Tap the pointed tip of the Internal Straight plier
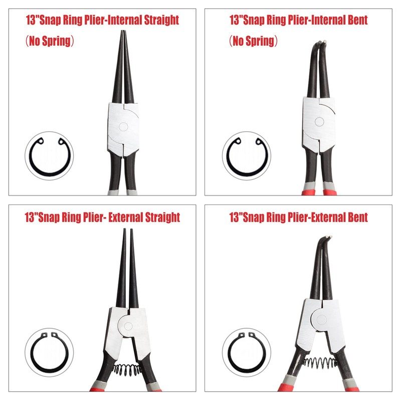(x=123, y=34)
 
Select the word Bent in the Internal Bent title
(x=354, y=21)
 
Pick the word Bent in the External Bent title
(x=354, y=217)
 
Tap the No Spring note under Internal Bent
(x=254, y=41)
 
